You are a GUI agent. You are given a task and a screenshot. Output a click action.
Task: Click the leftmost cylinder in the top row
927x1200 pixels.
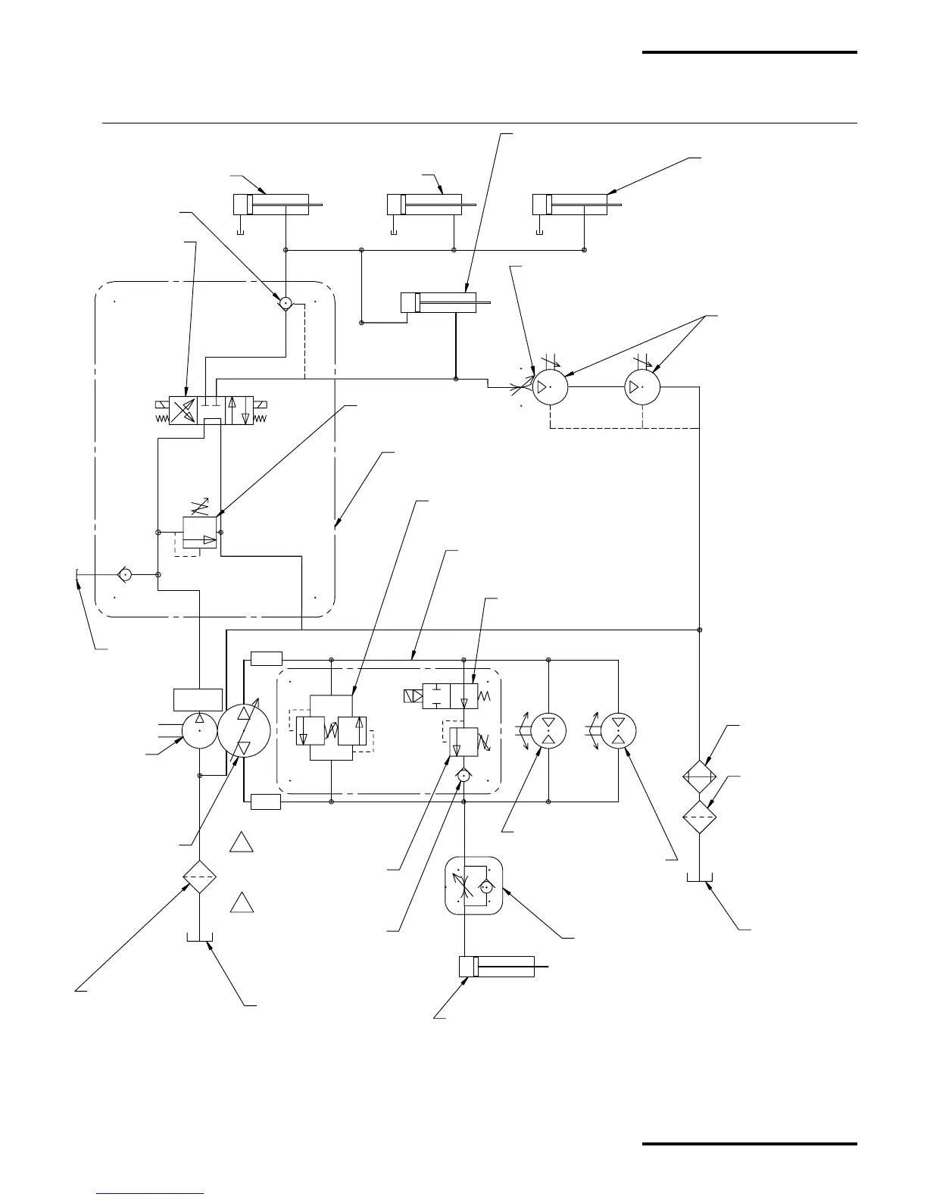coord(270,205)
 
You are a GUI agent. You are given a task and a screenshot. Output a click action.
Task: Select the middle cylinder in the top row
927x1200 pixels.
coord(424,205)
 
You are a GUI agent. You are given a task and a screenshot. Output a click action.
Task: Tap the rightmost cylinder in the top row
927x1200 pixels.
coord(570,205)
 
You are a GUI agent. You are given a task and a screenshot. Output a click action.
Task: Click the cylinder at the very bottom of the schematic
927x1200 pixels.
coord(497,967)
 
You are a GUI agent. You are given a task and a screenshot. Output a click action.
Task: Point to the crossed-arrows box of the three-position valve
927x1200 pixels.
coord(183,411)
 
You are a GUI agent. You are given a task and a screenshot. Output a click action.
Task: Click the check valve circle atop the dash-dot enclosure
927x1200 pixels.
coord(286,304)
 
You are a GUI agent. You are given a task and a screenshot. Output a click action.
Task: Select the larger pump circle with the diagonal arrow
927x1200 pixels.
coord(244,730)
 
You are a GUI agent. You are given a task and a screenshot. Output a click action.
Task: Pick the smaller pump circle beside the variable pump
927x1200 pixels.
coord(200,730)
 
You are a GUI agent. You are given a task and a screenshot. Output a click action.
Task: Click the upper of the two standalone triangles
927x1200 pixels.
coord(242,842)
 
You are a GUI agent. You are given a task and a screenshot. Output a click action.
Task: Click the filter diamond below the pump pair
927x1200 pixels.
coord(200,877)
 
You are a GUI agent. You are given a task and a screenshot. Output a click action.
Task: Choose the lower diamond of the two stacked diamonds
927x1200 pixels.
coord(700,817)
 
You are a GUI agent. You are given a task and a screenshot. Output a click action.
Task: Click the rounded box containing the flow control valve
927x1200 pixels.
coord(473,886)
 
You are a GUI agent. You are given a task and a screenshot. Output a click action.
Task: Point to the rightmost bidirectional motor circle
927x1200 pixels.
coord(618,730)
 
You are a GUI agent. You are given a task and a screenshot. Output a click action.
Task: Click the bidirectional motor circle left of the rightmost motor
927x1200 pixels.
coord(548,730)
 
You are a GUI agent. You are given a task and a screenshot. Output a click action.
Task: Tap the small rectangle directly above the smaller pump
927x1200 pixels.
coord(198,699)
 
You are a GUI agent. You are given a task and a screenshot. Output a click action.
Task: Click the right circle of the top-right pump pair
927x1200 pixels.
coord(642,387)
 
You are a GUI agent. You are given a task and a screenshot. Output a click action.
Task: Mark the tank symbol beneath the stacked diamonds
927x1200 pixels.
coord(700,878)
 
